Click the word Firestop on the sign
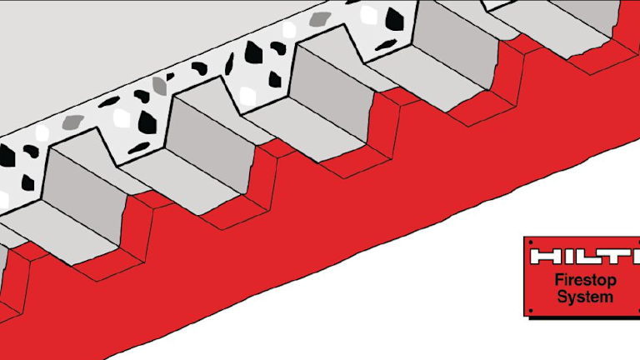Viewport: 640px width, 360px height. (x=585, y=280)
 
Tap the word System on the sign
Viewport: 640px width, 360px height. (x=585, y=297)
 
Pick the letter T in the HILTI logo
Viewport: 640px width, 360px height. (x=615, y=257)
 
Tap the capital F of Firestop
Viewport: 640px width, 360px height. (x=559, y=280)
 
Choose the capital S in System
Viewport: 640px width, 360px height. (x=562, y=297)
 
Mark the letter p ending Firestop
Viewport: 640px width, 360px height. (x=612, y=282)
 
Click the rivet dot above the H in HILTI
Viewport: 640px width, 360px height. (x=531, y=242)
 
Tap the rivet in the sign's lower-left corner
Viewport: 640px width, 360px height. (x=531, y=311)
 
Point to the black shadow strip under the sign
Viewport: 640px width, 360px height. (x=584, y=317)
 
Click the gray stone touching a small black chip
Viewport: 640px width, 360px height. (x=160, y=85)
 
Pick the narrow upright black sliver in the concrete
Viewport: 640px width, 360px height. (x=230, y=64)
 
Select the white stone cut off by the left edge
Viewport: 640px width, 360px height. (x=3, y=200)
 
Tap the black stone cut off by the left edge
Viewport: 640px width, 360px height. (x=7, y=156)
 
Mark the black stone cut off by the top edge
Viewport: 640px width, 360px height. (x=353, y=2)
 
